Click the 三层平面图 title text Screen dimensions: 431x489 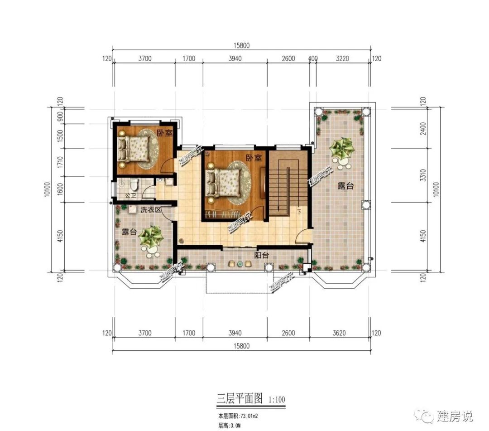[240, 399]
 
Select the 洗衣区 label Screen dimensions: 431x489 [150, 210]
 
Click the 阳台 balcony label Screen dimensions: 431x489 [261, 255]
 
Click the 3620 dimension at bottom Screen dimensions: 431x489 [339, 333]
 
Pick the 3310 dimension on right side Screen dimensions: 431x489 [423, 175]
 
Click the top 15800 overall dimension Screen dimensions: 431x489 [241, 45]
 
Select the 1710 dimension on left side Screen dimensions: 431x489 [59, 162]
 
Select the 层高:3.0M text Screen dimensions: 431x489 [230, 426]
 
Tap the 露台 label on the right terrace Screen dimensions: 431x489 [345, 186]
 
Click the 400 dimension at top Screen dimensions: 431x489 [312, 58]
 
